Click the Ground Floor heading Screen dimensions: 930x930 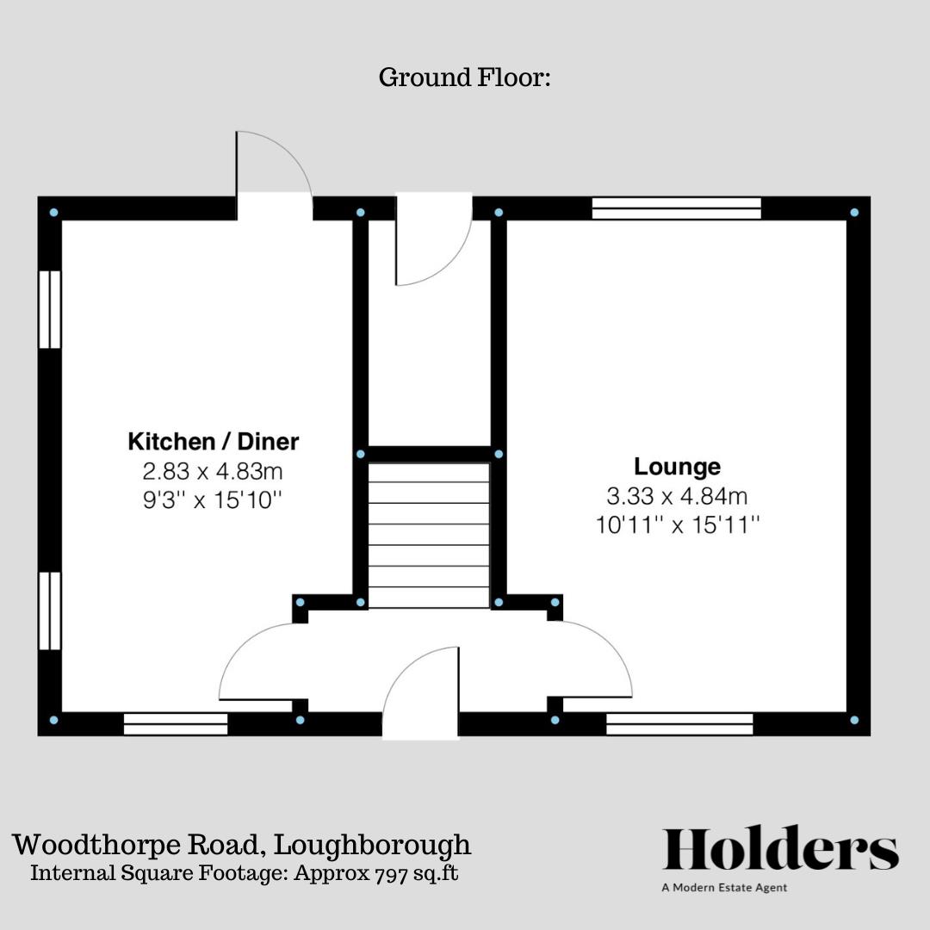point(464,77)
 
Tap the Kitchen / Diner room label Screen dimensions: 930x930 point(214,442)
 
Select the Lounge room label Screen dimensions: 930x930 point(677,467)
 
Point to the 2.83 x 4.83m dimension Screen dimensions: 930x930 point(214,471)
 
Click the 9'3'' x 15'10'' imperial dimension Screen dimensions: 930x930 point(214,499)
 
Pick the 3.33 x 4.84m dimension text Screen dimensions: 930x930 point(677,496)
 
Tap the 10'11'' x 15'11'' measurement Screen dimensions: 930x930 point(677,524)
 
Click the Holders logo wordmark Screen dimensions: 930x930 point(780,849)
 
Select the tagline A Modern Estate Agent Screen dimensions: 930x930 point(724,888)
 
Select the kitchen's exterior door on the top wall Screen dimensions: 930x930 point(274,172)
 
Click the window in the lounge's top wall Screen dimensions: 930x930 point(677,208)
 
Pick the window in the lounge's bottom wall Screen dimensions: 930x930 point(679,724)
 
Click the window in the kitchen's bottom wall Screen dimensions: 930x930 point(176,724)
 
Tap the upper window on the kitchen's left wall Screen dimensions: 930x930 point(50,310)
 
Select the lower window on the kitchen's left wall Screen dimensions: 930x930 point(50,611)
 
